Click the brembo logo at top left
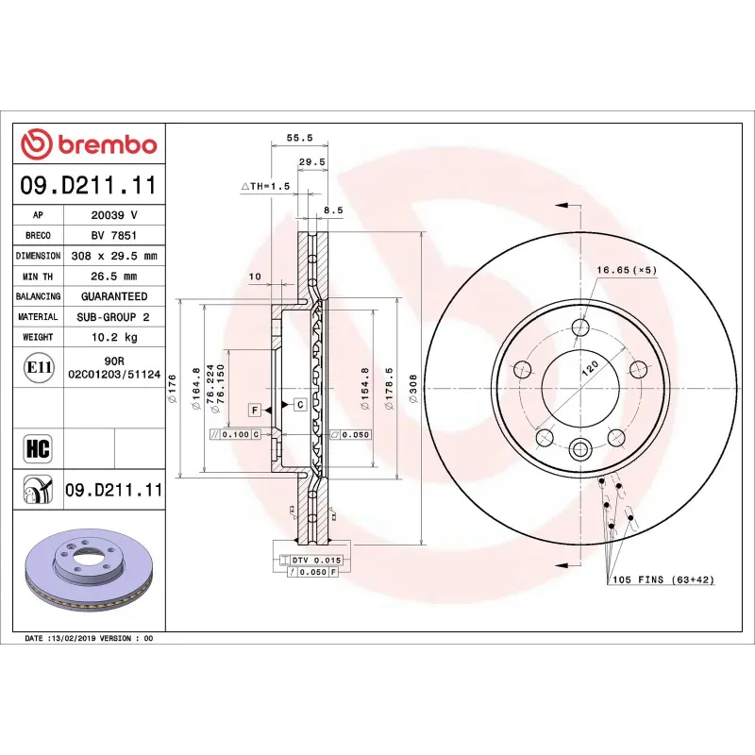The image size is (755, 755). [x=89, y=144]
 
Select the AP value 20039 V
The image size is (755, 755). [x=114, y=215]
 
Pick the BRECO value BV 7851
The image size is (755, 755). [x=114, y=235]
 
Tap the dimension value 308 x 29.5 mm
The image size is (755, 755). [x=114, y=256]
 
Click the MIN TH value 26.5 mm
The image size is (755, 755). [x=114, y=277]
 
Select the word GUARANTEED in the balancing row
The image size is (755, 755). [x=114, y=296]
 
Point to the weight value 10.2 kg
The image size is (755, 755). [x=114, y=337]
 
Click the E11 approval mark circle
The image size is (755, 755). [x=39, y=367]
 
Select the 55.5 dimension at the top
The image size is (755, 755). [x=299, y=138]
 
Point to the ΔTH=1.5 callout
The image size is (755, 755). [x=265, y=187]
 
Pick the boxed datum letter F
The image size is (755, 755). [x=255, y=409]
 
